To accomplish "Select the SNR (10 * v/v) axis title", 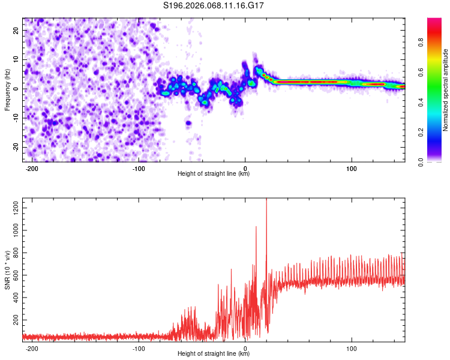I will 7,270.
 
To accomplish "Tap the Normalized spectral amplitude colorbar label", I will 446,90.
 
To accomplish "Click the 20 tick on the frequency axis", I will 17,30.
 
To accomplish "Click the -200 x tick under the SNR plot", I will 33,347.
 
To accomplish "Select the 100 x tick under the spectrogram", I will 352,167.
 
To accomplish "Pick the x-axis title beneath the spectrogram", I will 214,174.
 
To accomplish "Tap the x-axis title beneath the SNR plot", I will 214,354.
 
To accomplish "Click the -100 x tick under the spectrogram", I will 139,167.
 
